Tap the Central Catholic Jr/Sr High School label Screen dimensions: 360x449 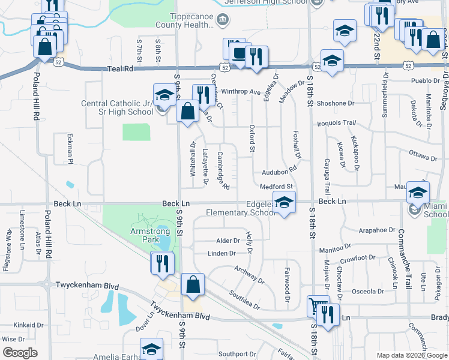click(x=117, y=107)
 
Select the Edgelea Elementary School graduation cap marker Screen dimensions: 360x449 click(x=285, y=202)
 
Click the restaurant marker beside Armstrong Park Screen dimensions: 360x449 click(x=163, y=263)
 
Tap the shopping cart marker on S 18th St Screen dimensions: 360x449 click(x=317, y=307)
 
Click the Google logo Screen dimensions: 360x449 click(x=20, y=352)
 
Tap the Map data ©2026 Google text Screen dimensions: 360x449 click(x=411, y=355)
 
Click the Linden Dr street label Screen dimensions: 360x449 click(x=221, y=254)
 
